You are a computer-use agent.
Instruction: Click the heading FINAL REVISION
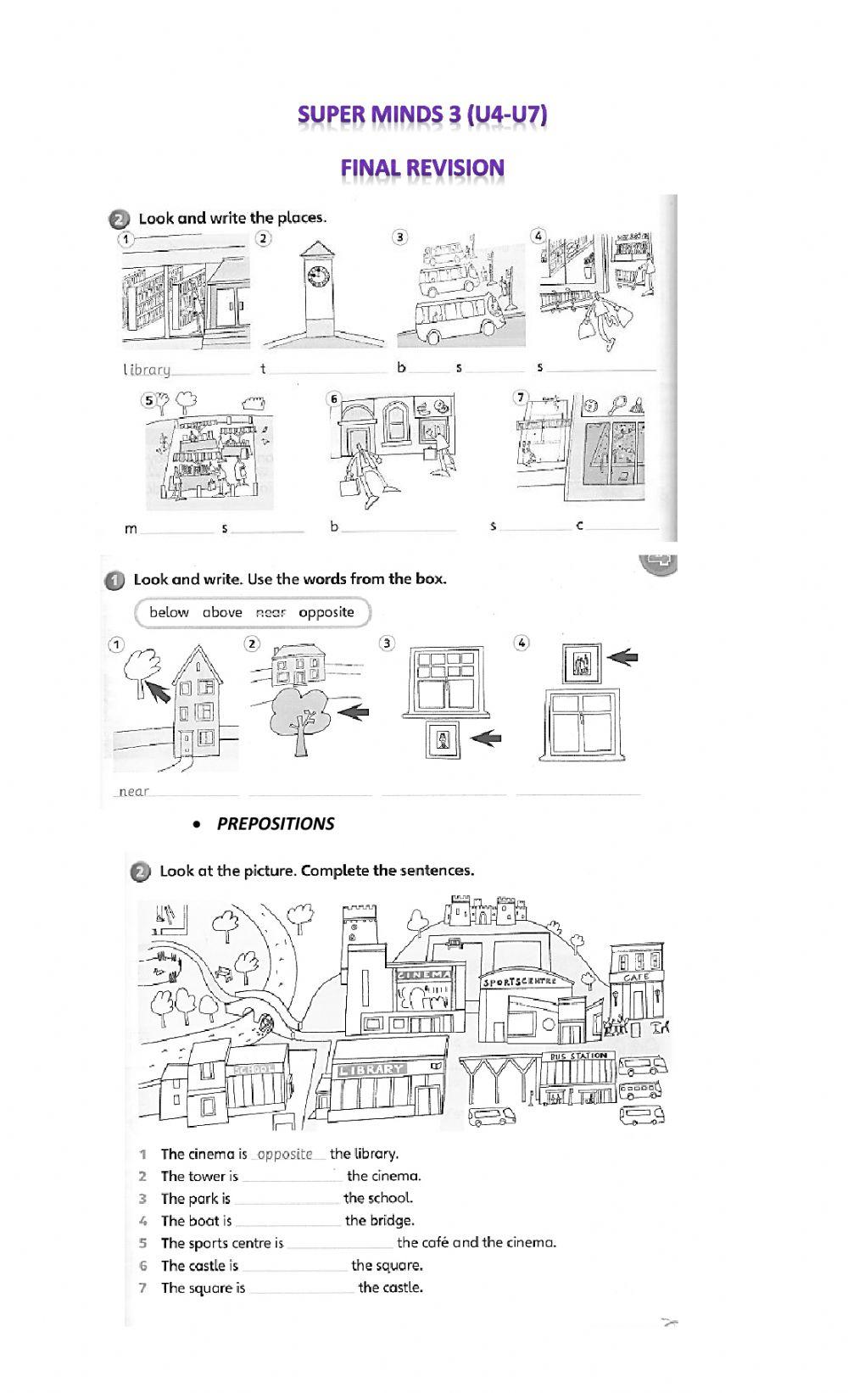(422, 168)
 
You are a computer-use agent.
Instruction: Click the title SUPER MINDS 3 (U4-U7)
(422, 114)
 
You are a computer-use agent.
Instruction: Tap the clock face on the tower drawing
(318, 277)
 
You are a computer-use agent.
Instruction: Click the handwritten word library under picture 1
(147, 370)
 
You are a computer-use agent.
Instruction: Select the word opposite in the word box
(326, 612)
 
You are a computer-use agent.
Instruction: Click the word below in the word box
(169, 612)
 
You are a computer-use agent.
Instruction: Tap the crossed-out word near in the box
(271, 612)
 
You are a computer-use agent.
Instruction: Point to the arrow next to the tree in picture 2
(354, 712)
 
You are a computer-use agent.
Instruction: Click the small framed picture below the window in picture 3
(442, 739)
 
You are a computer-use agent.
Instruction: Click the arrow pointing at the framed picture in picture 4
(622, 657)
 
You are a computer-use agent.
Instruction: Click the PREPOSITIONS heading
(275, 824)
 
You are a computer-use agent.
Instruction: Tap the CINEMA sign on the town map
(424, 976)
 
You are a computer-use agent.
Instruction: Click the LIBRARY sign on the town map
(371, 1070)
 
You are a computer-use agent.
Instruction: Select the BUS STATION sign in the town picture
(577, 1056)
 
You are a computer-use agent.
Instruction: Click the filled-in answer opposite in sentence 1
(285, 1154)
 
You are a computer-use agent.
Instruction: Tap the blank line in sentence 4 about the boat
(288, 1222)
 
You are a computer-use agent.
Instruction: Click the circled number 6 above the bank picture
(334, 398)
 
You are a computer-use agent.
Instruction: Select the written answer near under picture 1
(133, 791)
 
